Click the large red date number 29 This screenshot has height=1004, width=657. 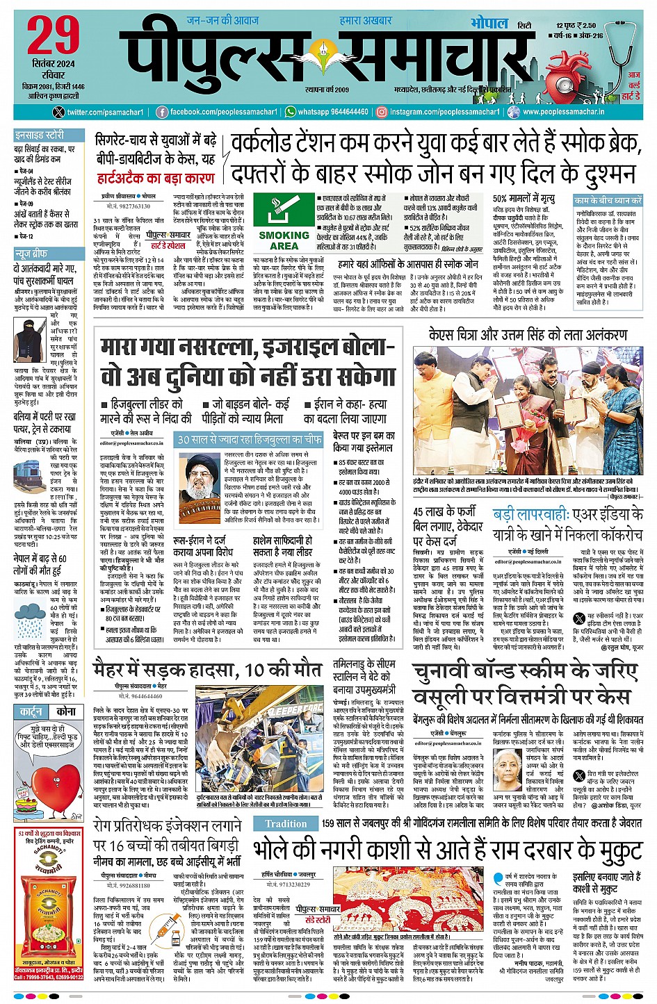tap(54, 35)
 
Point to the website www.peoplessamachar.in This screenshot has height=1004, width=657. tap(562, 112)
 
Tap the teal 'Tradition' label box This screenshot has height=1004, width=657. tap(286, 824)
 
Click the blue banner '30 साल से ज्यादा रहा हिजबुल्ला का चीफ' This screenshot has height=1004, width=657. tap(250, 439)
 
